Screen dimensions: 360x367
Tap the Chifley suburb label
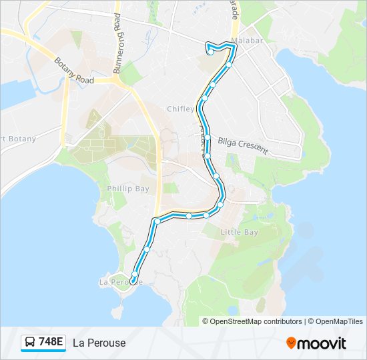[180, 109]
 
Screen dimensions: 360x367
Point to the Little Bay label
[239, 232]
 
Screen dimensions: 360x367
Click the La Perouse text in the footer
[99, 343]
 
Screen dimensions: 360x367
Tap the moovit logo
[316, 343]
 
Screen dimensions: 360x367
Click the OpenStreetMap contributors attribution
[252, 321]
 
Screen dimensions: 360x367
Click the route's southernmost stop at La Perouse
[132, 281]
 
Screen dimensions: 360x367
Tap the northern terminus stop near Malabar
[210, 52]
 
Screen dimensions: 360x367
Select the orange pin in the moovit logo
[291, 343]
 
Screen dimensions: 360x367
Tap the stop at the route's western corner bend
[157, 221]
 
